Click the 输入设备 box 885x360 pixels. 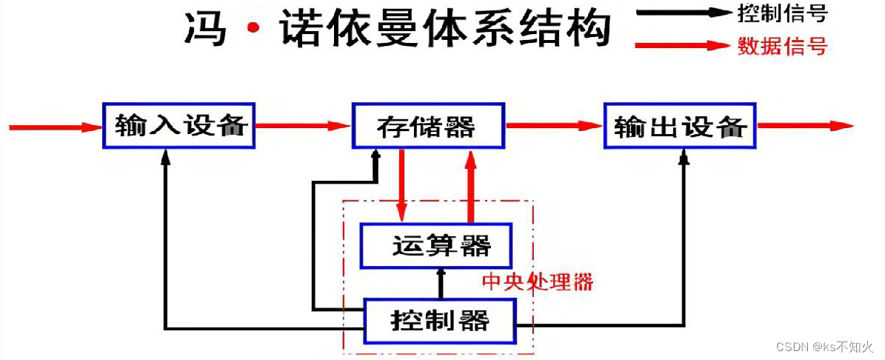(178, 126)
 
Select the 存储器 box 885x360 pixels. (428, 126)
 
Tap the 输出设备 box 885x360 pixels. (679, 126)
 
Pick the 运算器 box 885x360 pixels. (436, 246)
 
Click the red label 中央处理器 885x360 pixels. (538, 282)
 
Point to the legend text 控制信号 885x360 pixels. (782, 13)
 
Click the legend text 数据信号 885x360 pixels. (782, 47)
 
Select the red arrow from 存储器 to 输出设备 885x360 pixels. (554, 126)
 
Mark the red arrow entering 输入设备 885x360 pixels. (55, 127)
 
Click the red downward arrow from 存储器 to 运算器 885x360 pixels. (401, 185)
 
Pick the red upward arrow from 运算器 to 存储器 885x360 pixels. (470, 185)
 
